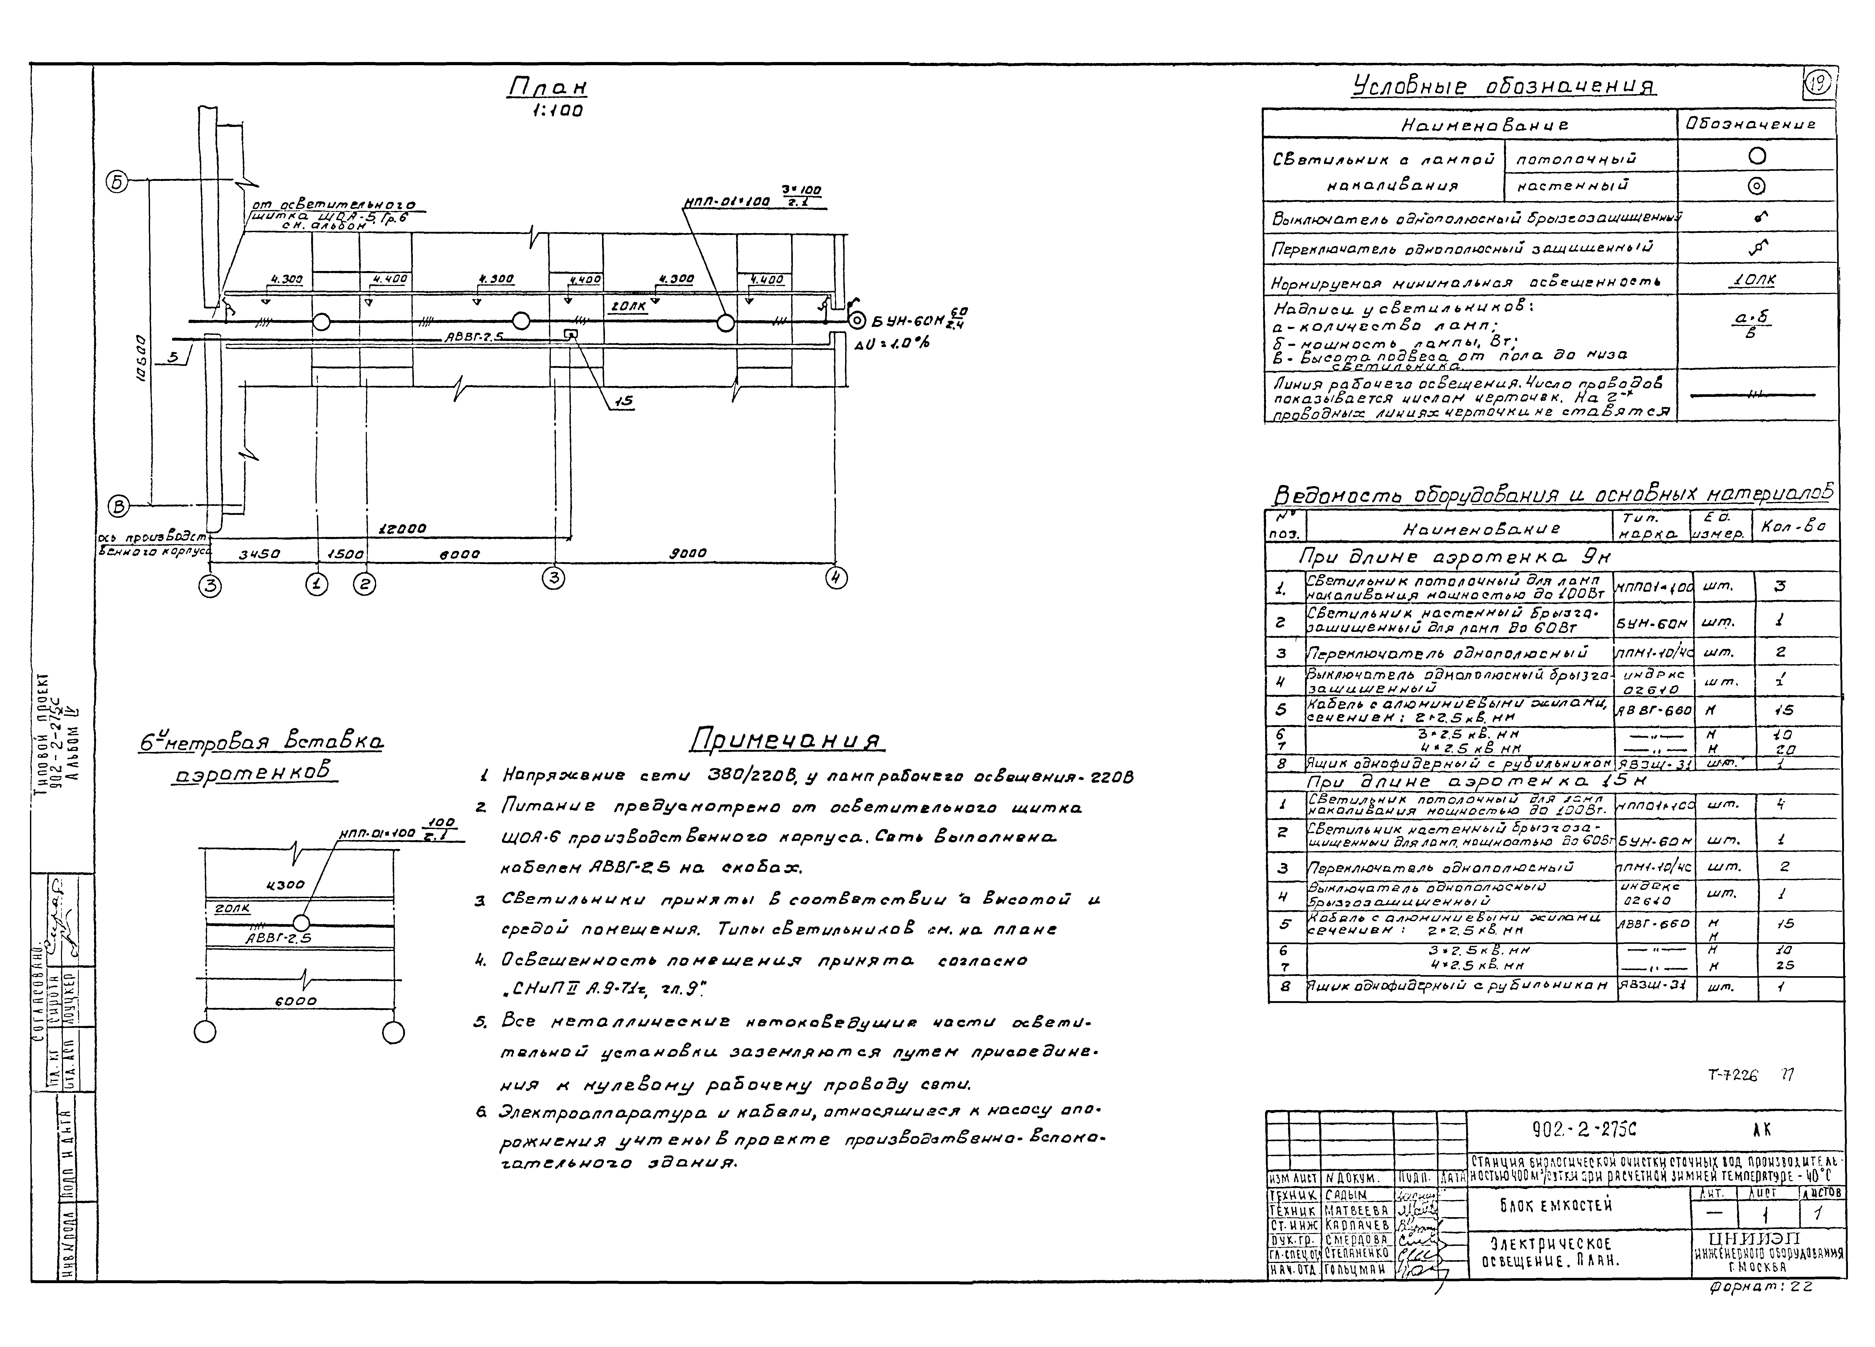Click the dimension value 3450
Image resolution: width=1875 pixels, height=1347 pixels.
260,555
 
